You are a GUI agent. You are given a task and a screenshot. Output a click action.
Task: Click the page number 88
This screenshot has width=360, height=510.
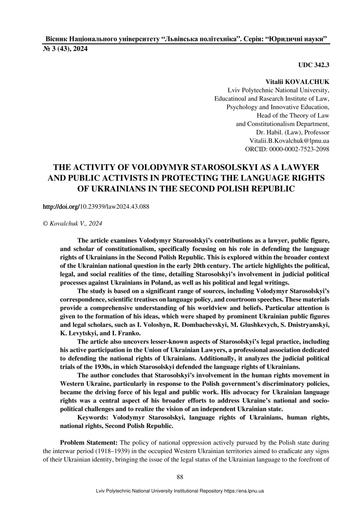click(x=180, y=477)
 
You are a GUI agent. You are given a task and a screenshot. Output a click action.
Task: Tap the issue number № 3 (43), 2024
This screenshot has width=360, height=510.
click(x=65, y=49)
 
